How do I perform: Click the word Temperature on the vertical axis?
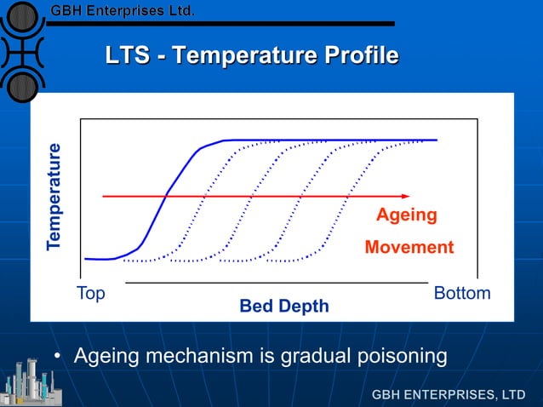pos(54,197)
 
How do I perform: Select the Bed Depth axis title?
pos(283,306)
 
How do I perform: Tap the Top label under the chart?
pos(91,294)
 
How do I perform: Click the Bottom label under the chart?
pos(462,294)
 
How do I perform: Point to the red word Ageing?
pos(407,215)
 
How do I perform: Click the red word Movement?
pos(409,248)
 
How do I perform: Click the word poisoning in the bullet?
pos(396,355)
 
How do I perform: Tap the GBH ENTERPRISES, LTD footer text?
pos(449,395)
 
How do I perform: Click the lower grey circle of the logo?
pos(23,85)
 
